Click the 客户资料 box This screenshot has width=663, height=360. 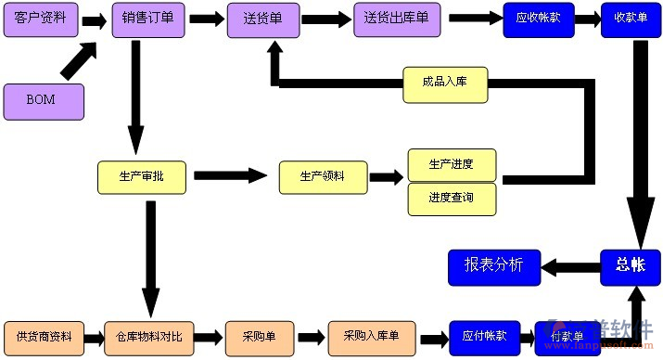coord(40,19)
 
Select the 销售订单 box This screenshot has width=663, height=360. coord(147,19)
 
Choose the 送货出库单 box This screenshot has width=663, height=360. coord(396,19)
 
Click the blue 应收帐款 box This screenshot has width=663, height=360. coord(539,19)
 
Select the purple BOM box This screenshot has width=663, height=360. coord(43,101)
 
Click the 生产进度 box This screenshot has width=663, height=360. coord(452,164)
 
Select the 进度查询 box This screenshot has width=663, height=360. coord(452,199)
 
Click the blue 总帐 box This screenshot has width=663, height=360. coord(630,266)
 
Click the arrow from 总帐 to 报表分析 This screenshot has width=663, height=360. coord(567,267)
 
